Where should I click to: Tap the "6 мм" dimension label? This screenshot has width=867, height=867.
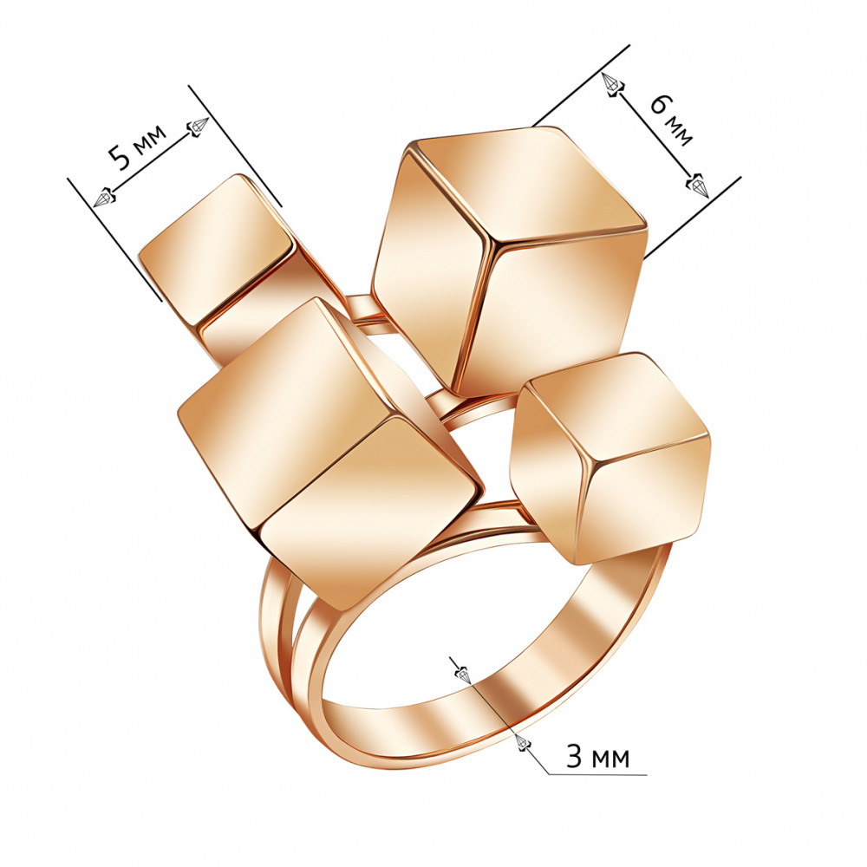click(x=671, y=120)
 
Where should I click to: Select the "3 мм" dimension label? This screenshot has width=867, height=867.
click(x=597, y=756)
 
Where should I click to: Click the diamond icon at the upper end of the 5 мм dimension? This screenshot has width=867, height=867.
click(x=198, y=126)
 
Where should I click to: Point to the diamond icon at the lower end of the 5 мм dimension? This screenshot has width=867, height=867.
click(x=104, y=197)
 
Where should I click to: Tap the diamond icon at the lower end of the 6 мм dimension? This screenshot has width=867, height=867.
click(x=698, y=186)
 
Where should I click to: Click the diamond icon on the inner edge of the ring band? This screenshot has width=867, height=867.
click(x=463, y=675)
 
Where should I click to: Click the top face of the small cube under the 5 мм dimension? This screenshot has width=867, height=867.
click(x=216, y=249)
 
